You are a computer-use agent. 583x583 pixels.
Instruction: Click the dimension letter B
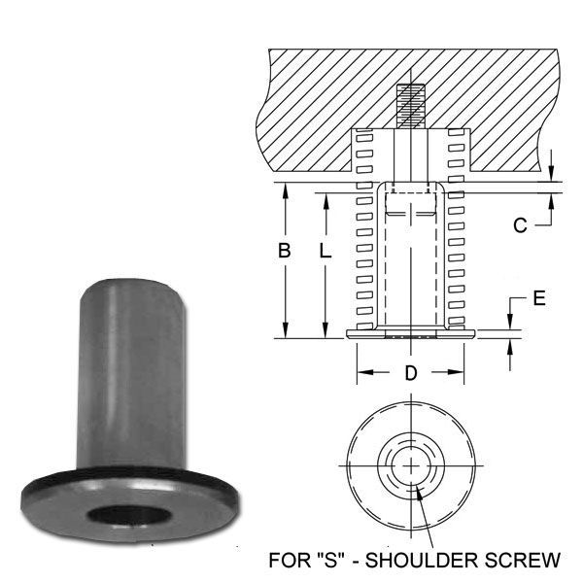tap(284, 251)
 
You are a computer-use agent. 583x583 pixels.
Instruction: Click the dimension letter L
tap(325, 251)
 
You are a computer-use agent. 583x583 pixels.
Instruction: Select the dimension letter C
tap(520, 225)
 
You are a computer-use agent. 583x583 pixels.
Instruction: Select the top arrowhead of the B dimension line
tap(285, 189)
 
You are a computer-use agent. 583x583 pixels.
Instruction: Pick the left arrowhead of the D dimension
tap(360, 373)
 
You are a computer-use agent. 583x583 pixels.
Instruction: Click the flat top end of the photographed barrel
tap(133, 284)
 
